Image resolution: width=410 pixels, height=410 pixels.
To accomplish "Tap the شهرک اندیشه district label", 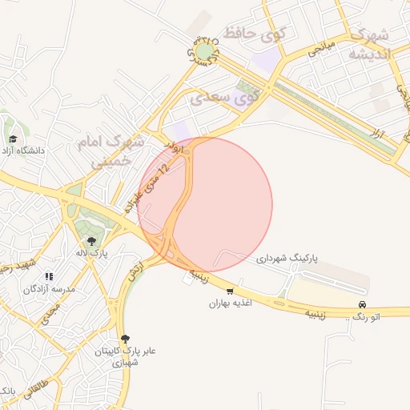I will click(369, 46).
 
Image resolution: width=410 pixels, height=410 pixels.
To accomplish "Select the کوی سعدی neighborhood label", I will click(224, 98).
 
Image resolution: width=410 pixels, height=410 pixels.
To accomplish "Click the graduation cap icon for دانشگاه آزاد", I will click(12, 138).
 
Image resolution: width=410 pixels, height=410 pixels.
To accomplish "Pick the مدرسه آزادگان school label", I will click(49, 288).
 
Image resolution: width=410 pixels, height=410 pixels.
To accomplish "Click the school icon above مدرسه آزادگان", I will click(50, 275).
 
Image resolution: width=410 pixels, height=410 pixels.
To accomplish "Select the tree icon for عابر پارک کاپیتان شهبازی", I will click(123, 339).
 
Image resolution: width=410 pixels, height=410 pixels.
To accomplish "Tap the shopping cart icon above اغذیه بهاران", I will click(231, 291).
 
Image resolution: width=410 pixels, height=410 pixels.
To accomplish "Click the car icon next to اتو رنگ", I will click(363, 305).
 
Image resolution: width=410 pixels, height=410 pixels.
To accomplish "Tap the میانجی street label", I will click(317, 47).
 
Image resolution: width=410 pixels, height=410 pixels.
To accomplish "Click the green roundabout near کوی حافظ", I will click(206, 52).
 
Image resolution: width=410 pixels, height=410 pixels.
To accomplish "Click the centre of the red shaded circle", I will click(205, 205).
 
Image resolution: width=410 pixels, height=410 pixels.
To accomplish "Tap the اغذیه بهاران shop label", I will click(231, 303).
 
